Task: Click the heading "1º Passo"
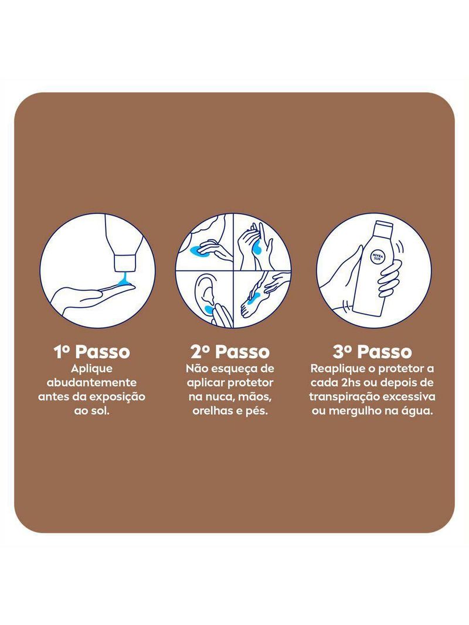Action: click(x=91, y=352)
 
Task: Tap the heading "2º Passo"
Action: click(x=230, y=352)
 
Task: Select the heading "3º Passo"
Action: click(x=372, y=352)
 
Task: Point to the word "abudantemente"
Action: click(x=91, y=383)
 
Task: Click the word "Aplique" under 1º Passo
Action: click(x=91, y=369)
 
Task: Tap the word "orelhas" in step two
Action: click(x=211, y=411)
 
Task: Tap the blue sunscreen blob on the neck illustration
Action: click(x=198, y=250)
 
